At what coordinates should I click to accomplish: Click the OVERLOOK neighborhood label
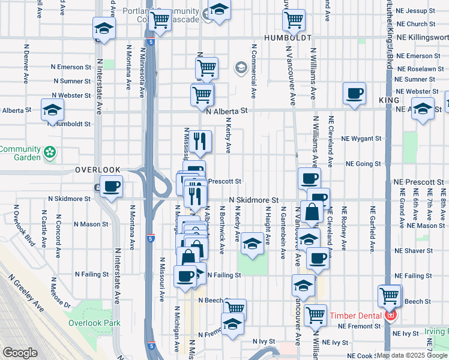pyautogui.click(x=98, y=170)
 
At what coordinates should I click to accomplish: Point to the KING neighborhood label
pyautogui.click(x=390, y=100)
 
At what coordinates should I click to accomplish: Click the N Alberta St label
pyautogui.click(x=227, y=111)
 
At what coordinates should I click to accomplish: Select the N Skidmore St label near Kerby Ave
pyautogui.click(x=254, y=199)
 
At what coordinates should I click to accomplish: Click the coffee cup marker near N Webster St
pyautogui.click(x=354, y=94)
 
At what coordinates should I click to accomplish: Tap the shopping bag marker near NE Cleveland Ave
pyautogui.click(x=313, y=212)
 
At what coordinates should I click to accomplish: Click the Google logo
pyautogui.click(x=20, y=353)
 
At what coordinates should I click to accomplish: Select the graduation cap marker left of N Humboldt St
pyautogui.click(x=53, y=110)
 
